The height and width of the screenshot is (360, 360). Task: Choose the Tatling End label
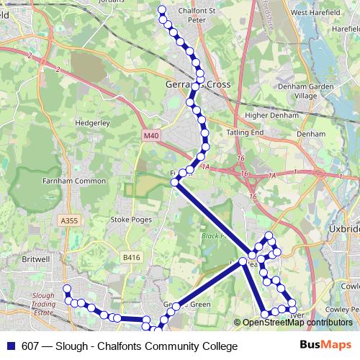246,133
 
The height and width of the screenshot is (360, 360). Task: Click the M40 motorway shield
151,135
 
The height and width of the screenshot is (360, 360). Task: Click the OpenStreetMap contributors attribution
297,323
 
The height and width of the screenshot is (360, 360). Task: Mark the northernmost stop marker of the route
161,10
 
